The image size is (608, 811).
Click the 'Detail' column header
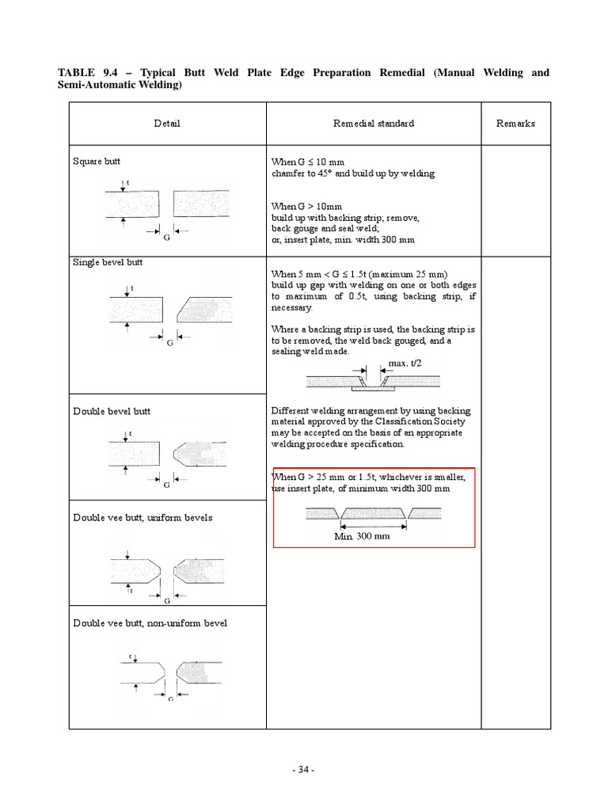coord(167,124)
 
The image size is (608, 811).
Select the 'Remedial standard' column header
coord(374,124)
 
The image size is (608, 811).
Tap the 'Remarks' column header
coord(515,124)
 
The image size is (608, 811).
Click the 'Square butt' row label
coord(97,162)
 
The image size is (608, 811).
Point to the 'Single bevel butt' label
coord(108,262)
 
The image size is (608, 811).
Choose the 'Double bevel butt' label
coord(111,411)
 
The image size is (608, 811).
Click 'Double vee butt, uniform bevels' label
coord(142,517)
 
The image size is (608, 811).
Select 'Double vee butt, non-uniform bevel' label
coord(150,623)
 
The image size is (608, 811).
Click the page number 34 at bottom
coord(304,769)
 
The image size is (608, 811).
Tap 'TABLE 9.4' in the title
coord(87,73)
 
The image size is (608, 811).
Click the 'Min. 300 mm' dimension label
coord(362,535)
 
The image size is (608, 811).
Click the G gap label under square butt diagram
coord(166,236)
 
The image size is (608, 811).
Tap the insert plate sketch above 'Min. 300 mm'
coord(374,515)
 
